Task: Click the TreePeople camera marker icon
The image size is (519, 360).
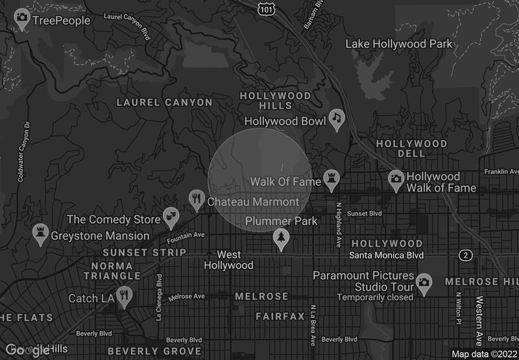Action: coord(22,18)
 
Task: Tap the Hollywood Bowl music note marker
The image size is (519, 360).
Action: coord(336,118)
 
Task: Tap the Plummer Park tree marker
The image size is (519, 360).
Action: coord(281,237)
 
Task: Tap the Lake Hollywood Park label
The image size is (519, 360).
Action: coord(399,44)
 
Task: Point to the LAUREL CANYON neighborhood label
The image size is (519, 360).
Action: coord(164,102)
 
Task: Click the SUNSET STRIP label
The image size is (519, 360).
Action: coord(145,252)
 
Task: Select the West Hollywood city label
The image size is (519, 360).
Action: coord(229,260)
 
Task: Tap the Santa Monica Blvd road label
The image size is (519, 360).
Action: coord(386,256)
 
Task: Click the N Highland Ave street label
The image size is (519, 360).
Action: coord(338,223)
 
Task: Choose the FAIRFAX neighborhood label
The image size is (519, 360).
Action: coord(280,317)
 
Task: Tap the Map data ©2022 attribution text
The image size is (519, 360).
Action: coord(484,354)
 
